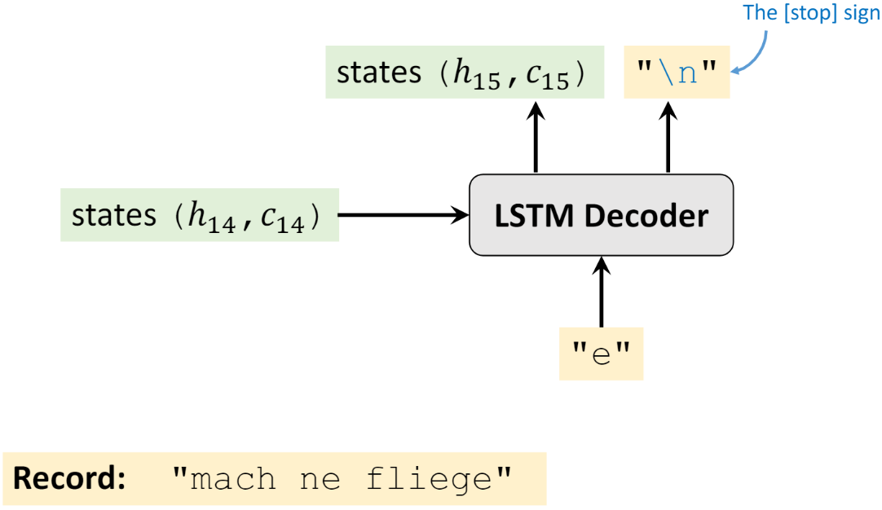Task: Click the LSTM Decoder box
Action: pyautogui.click(x=602, y=215)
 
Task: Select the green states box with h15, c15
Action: pyautogui.click(x=465, y=73)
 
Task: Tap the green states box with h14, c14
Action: pyautogui.click(x=199, y=215)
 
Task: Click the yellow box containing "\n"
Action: pyautogui.click(x=677, y=73)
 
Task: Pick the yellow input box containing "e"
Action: pyautogui.click(x=601, y=354)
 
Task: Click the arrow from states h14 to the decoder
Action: pyautogui.click(x=404, y=215)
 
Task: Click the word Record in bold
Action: pyautogui.click(x=68, y=478)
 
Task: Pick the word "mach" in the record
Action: pyautogui.click(x=233, y=478)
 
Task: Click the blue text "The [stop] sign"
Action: pyautogui.click(x=813, y=15)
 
